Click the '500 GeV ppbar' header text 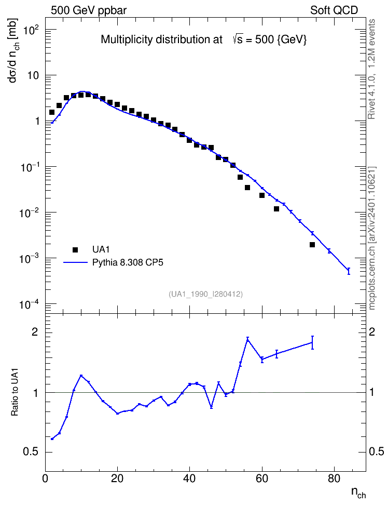click(x=89, y=10)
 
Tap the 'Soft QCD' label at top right click(x=334, y=10)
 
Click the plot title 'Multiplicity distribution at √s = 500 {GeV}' click(x=204, y=39)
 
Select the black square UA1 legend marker click(x=75, y=249)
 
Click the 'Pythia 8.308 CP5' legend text click(x=128, y=262)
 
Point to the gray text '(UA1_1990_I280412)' click(x=205, y=294)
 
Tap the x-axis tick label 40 click(x=189, y=479)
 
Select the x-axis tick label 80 click(x=334, y=479)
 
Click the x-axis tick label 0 click(x=45, y=479)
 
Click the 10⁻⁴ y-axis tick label click(x=29, y=304)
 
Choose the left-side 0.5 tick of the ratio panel click(x=31, y=451)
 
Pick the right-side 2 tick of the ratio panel click(x=372, y=331)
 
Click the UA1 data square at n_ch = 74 click(x=312, y=245)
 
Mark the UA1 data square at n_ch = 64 click(x=277, y=209)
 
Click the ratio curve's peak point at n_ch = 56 click(x=247, y=339)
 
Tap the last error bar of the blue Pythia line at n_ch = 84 click(x=349, y=271)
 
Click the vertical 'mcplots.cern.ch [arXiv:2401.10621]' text click(x=372, y=238)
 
